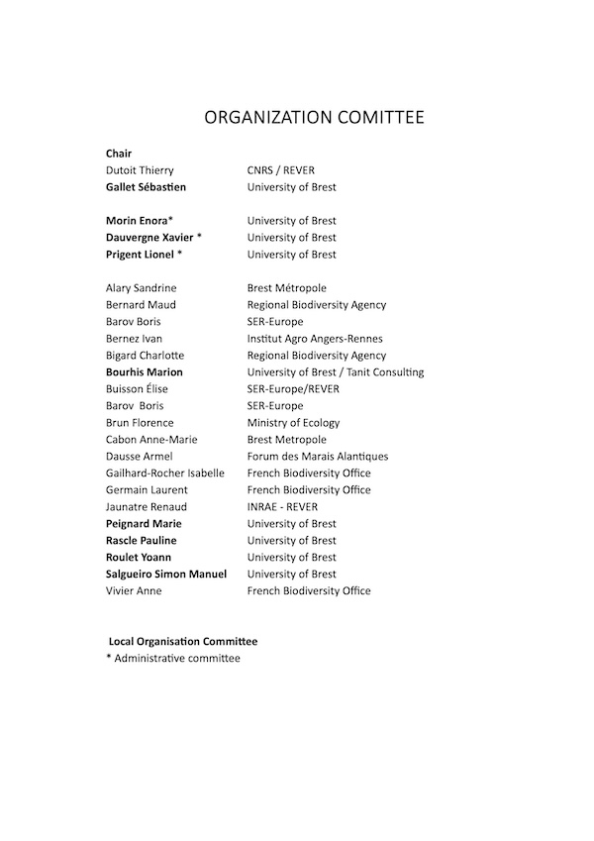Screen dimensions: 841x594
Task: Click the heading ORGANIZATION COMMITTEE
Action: pyautogui.click(x=314, y=118)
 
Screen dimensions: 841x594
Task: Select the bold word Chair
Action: pyautogui.click(x=119, y=154)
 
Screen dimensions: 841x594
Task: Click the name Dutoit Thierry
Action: pyautogui.click(x=140, y=170)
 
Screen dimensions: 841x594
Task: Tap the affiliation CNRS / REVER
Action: pyautogui.click(x=280, y=170)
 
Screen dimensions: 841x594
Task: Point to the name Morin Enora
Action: pyautogui.click(x=137, y=221)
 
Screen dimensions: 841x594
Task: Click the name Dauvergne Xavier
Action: pyautogui.click(x=149, y=238)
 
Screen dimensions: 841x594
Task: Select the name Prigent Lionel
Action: pyautogui.click(x=141, y=255)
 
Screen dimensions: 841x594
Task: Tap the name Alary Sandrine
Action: pyautogui.click(x=142, y=288)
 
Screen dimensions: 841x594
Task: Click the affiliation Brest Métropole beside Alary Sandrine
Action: pyautogui.click(x=286, y=288)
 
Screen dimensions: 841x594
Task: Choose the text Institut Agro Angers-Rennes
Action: pyautogui.click(x=316, y=339)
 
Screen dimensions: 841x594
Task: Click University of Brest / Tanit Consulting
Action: pyautogui.click(x=335, y=372)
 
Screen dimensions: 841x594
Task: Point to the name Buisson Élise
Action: pyautogui.click(x=137, y=389)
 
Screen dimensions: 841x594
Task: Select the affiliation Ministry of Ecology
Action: pyautogui.click(x=293, y=423)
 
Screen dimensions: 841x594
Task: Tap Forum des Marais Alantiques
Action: pyautogui.click(x=317, y=457)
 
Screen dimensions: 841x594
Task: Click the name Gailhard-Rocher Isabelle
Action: pyautogui.click(x=165, y=473)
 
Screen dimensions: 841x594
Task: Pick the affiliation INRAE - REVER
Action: pyautogui.click(x=282, y=507)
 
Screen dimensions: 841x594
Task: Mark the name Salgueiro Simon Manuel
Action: pyautogui.click(x=166, y=575)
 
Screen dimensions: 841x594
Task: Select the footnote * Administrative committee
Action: pyautogui.click(x=172, y=658)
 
